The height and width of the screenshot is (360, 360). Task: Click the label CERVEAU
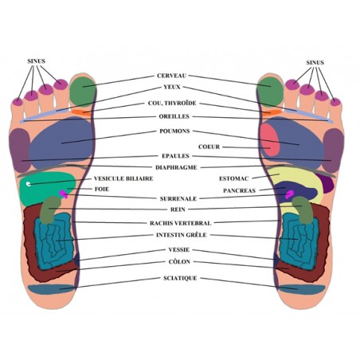coord(171,76)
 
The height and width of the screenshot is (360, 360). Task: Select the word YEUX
coord(172,87)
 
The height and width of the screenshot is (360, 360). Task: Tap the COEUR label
coord(209,147)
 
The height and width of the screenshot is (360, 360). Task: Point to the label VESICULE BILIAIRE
coord(123,178)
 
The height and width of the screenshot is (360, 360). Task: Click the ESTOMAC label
coord(234,178)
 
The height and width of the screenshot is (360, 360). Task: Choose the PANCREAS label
coord(239,190)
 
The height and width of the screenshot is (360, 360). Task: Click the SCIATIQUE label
coord(180,278)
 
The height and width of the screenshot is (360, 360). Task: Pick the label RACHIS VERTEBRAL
coord(181,223)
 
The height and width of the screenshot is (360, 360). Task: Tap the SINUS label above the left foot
coord(36,61)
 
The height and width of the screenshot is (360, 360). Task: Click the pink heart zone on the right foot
coord(270,140)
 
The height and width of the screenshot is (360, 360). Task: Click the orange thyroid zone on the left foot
coord(82,112)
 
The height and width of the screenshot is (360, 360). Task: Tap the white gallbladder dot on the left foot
coord(28,183)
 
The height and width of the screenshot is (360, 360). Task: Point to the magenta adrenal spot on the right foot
coord(289,194)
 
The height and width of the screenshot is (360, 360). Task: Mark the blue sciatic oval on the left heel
coord(51,289)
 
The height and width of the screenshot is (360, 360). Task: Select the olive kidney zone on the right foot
coord(304,209)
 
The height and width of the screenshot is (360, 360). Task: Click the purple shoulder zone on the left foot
coord(19,150)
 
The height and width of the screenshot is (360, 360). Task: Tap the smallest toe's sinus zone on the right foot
coord(335,102)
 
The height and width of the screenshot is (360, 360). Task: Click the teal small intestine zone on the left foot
coord(54,241)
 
